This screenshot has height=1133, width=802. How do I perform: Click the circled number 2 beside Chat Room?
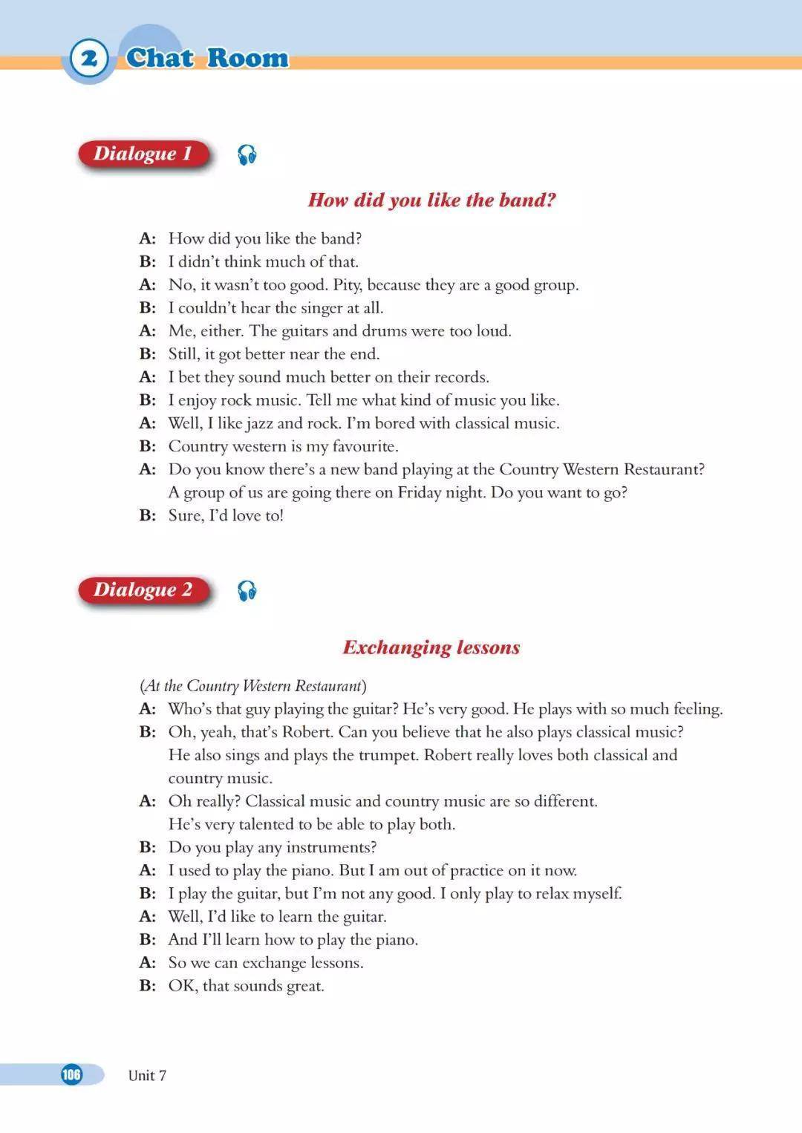89,58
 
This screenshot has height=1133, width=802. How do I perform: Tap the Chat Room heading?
207,58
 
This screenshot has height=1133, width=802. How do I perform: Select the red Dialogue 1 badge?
143,154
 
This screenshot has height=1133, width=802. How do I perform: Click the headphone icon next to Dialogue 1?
247,155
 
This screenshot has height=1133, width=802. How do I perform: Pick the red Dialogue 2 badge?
143,590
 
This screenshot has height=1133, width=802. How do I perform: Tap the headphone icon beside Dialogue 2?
247,591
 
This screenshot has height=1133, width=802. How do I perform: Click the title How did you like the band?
431,200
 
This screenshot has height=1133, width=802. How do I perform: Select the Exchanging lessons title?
431,647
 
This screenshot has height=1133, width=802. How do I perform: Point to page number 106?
71,1074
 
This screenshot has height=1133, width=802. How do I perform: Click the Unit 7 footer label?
147,1075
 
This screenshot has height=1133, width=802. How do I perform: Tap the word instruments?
330,847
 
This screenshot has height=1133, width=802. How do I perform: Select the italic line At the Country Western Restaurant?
252,685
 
